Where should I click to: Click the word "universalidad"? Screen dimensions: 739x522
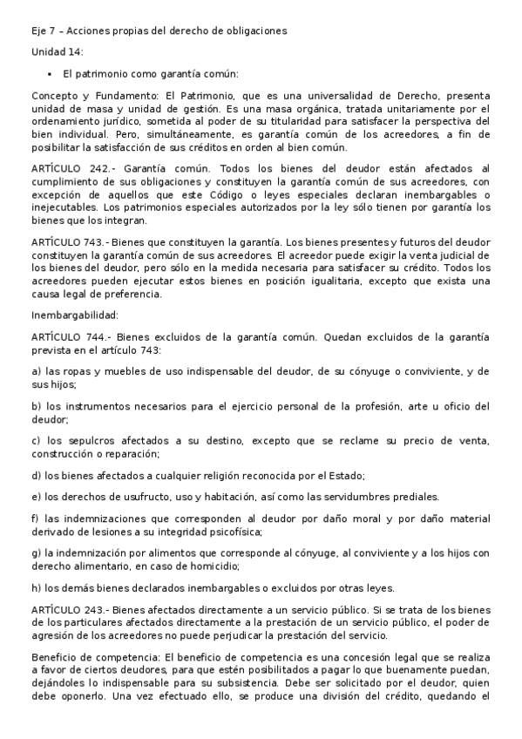tap(320, 95)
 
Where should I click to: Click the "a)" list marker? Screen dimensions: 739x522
tap(36, 370)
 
